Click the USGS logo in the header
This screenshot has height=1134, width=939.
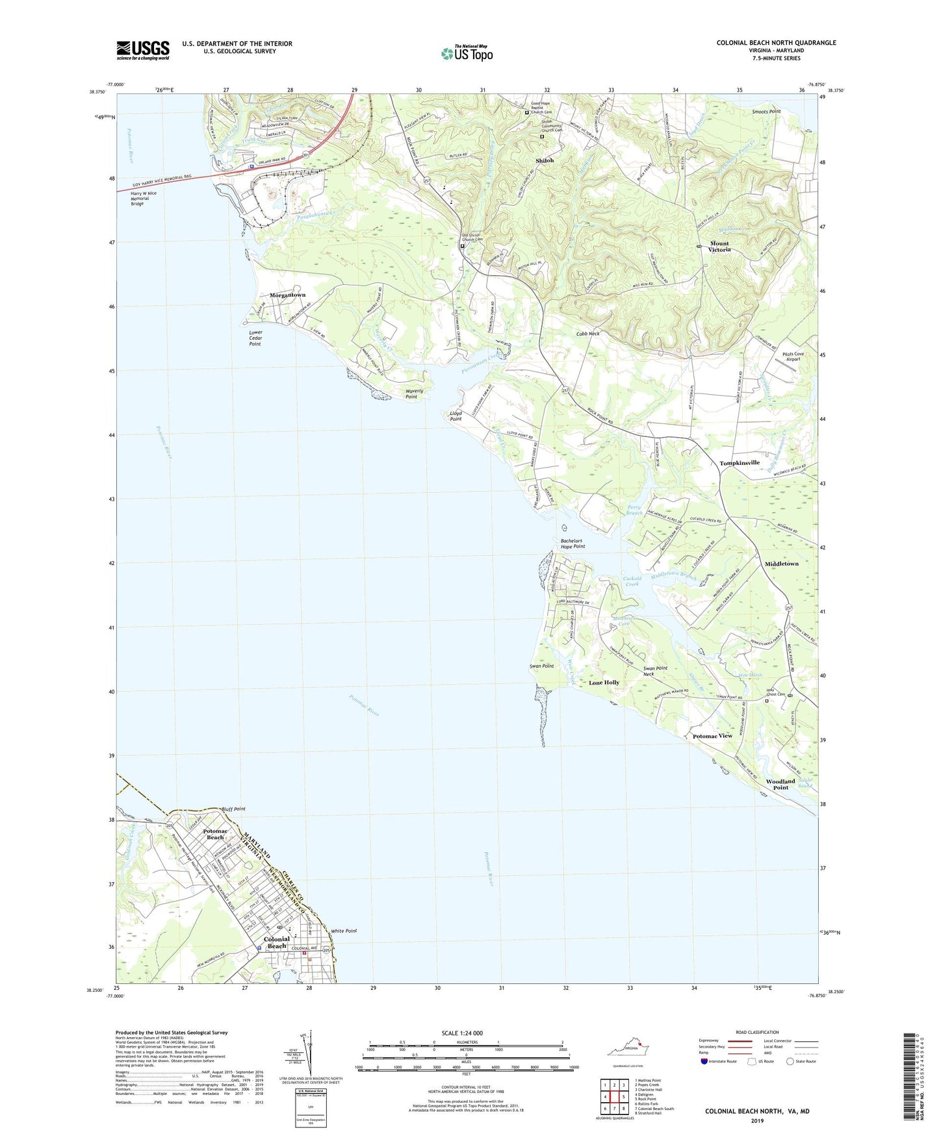click(142, 50)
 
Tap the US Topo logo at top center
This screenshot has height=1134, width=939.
click(467, 53)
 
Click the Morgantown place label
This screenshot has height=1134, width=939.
click(287, 295)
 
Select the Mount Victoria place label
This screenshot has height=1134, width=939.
click(719, 247)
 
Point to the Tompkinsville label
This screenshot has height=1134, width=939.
click(740, 463)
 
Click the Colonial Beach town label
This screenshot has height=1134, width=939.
click(277, 942)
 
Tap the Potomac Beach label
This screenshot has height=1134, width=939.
click(215, 834)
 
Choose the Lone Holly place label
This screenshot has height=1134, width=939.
click(604, 683)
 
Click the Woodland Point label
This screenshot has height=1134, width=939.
click(780, 784)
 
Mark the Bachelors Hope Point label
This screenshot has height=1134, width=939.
click(572, 544)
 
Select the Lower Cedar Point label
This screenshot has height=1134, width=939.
click(255, 338)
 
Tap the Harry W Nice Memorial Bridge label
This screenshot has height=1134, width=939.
click(144, 198)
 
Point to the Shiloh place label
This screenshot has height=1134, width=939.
click(545, 160)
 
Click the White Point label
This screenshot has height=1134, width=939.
click(344, 931)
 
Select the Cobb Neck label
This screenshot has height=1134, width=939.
click(587, 333)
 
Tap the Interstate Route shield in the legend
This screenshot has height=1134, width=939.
click(704, 1061)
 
